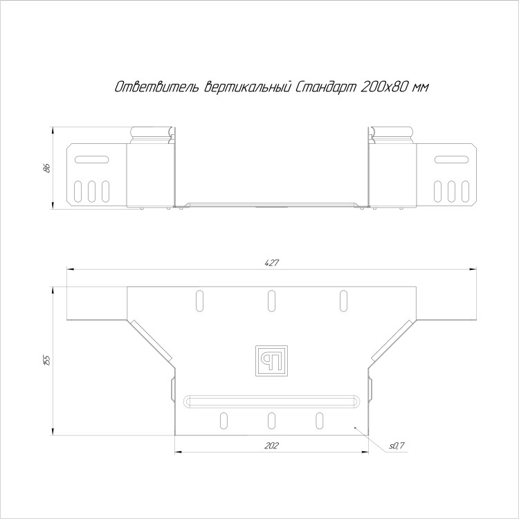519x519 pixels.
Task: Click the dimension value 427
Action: point(272,263)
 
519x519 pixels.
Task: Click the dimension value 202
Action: point(271,446)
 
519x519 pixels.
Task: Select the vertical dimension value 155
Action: point(46,361)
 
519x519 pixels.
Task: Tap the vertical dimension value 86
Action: point(46,168)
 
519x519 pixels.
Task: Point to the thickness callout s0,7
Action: point(397,446)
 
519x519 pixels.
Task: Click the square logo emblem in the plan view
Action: point(271,361)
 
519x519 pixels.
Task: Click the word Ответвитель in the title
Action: point(157,87)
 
